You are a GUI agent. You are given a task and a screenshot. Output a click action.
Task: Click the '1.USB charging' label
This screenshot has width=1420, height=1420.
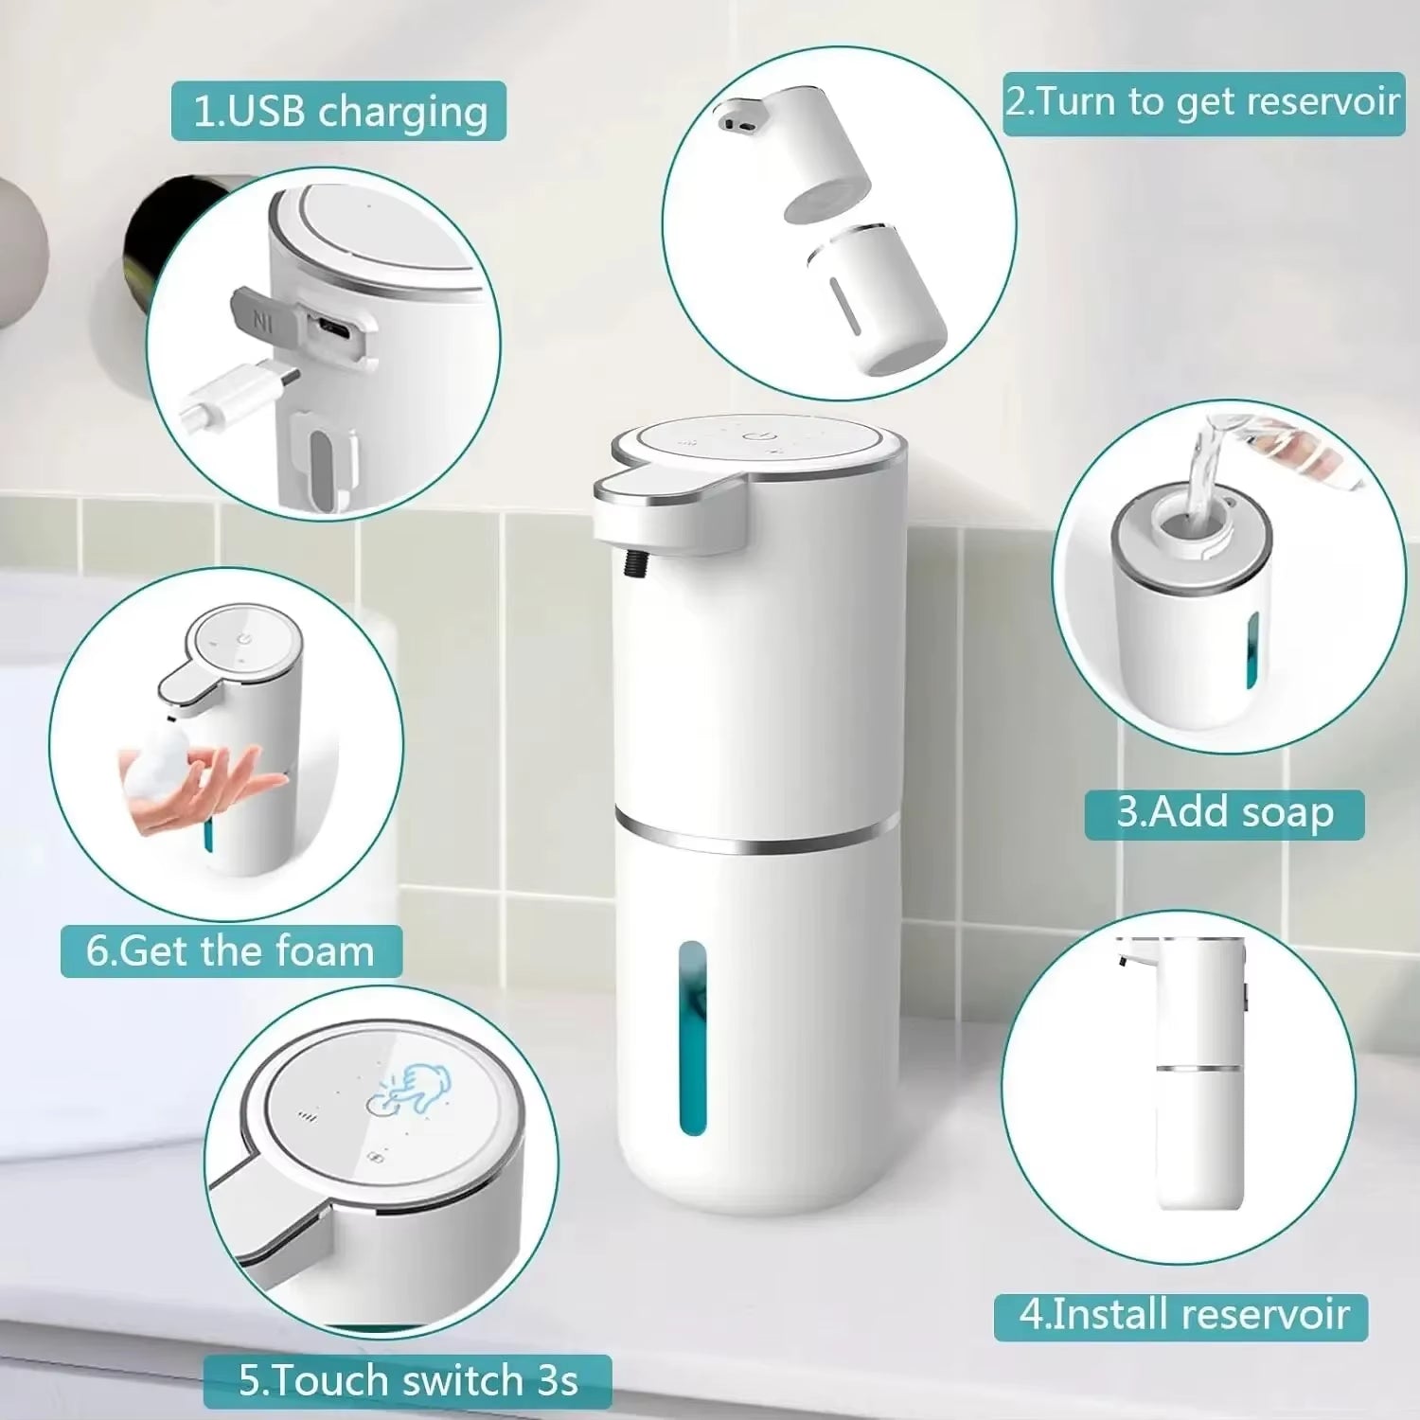click(x=339, y=112)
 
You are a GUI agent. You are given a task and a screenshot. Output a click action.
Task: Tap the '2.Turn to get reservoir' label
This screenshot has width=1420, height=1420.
click(x=1202, y=102)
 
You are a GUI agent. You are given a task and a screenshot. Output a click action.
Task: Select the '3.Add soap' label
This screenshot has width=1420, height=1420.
click(x=1224, y=813)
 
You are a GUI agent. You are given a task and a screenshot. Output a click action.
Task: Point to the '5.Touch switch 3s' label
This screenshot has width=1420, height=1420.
click(x=407, y=1381)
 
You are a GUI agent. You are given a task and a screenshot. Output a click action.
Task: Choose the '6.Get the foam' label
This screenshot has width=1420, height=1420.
click(x=230, y=951)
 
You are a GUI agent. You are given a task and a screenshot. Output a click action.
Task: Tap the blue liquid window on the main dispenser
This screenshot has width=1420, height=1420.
click(x=694, y=1037)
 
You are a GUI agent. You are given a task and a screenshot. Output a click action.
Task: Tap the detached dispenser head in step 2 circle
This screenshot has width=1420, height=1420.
click(x=795, y=151)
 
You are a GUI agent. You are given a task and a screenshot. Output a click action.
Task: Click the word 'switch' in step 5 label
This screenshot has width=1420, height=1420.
click(x=455, y=1381)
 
